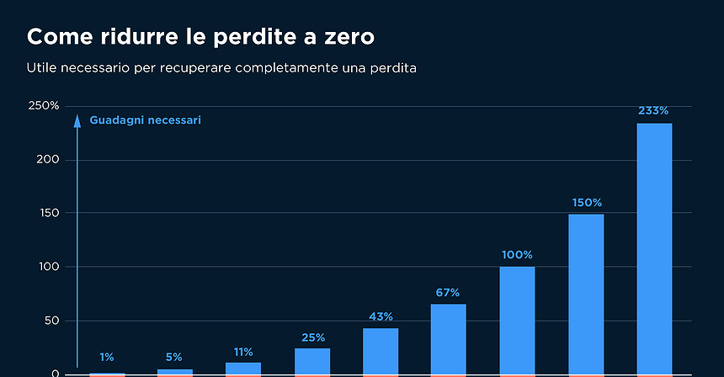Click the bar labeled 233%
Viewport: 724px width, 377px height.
click(x=654, y=248)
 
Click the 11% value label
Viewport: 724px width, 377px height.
click(x=243, y=352)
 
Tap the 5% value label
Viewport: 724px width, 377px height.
click(x=174, y=358)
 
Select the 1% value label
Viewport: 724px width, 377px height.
click(x=107, y=358)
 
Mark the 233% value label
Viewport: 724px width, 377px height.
click(x=654, y=110)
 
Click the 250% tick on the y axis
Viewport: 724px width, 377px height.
click(x=44, y=106)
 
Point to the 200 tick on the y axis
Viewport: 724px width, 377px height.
click(x=47, y=160)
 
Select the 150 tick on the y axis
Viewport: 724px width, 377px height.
click(x=47, y=213)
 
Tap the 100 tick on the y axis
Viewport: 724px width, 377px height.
click(x=47, y=267)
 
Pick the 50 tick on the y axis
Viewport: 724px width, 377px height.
click(x=51, y=321)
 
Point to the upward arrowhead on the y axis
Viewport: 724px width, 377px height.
click(x=77, y=119)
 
